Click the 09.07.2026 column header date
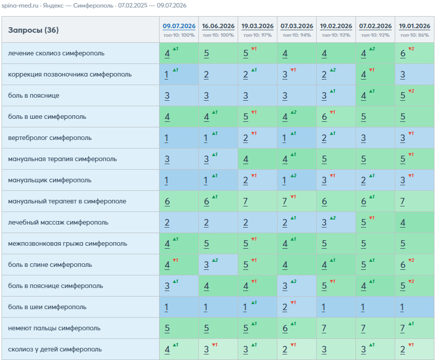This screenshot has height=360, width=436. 179,26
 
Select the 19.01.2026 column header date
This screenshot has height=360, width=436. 414,26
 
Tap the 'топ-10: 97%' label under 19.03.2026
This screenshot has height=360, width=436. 257,35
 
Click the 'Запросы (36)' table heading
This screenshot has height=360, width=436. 33,30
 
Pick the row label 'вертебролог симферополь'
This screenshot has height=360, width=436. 50,138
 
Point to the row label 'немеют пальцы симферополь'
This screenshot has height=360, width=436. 54,328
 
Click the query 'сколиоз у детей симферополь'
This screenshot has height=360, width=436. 55,349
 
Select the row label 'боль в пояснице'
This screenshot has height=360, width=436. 34,96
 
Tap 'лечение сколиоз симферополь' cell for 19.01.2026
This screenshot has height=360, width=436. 414,53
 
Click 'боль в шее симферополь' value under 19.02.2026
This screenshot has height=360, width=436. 336,116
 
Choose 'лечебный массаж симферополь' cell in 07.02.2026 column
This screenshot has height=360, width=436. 376,223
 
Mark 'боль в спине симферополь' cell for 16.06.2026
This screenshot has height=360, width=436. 219,265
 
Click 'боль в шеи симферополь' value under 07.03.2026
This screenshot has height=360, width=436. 297,307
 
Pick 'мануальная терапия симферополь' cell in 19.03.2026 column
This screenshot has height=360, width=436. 257,159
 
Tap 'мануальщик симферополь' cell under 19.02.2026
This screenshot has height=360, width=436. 336,180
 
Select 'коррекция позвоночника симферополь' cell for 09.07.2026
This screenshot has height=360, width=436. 179,74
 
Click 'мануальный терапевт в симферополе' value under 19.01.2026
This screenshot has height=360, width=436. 414,201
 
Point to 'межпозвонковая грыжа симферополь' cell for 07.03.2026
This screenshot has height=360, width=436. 297,244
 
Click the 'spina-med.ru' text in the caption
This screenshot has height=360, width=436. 20,6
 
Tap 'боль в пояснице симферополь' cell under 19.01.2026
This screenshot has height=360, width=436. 414,286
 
